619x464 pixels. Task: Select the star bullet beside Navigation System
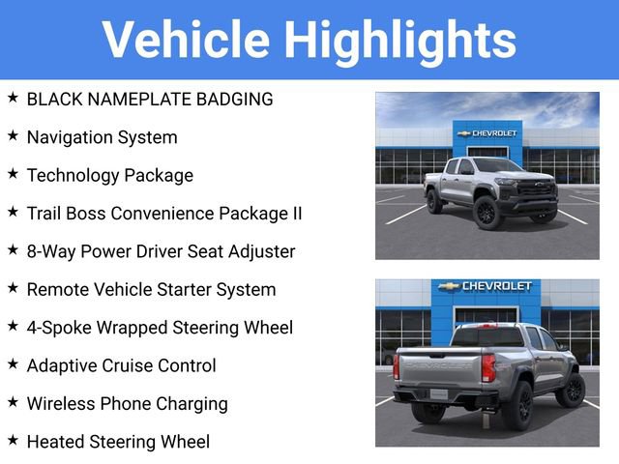pos(13,136)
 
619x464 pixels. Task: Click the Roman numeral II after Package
pos(294,213)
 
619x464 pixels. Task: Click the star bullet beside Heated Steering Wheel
pos(13,441)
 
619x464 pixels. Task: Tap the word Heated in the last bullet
pos(57,442)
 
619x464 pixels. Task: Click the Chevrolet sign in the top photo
pos(487,133)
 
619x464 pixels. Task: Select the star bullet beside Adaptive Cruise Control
pos(13,364)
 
